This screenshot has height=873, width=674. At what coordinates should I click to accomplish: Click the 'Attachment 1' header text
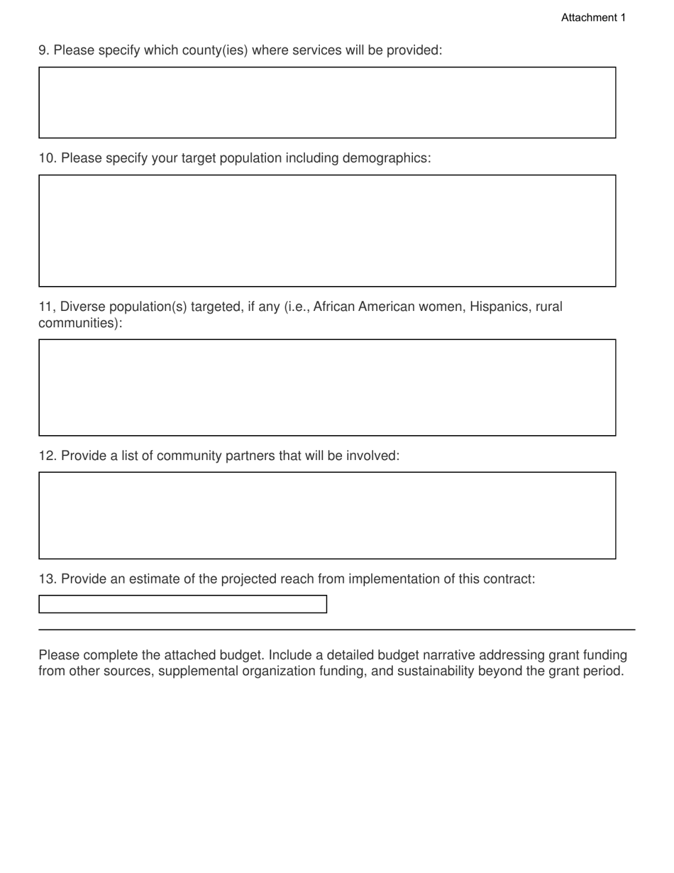pyautogui.click(x=593, y=18)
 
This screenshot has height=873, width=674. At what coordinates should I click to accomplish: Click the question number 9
pyautogui.click(x=43, y=50)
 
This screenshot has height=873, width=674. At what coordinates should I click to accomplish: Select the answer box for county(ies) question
pyautogui.click(x=327, y=102)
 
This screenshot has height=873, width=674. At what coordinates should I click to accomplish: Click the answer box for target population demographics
pyautogui.click(x=327, y=231)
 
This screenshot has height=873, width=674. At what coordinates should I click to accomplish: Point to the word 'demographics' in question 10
pyautogui.click(x=385, y=158)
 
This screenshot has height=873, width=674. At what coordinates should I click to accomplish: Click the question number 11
pyautogui.click(x=46, y=307)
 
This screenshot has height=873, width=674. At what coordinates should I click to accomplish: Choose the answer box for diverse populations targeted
pyautogui.click(x=327, y=388)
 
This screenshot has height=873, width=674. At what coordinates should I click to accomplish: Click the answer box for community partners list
pyautogui.click(x=327, y=515)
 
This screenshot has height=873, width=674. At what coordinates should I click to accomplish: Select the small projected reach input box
pyautogui.click(x=182, y=604)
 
